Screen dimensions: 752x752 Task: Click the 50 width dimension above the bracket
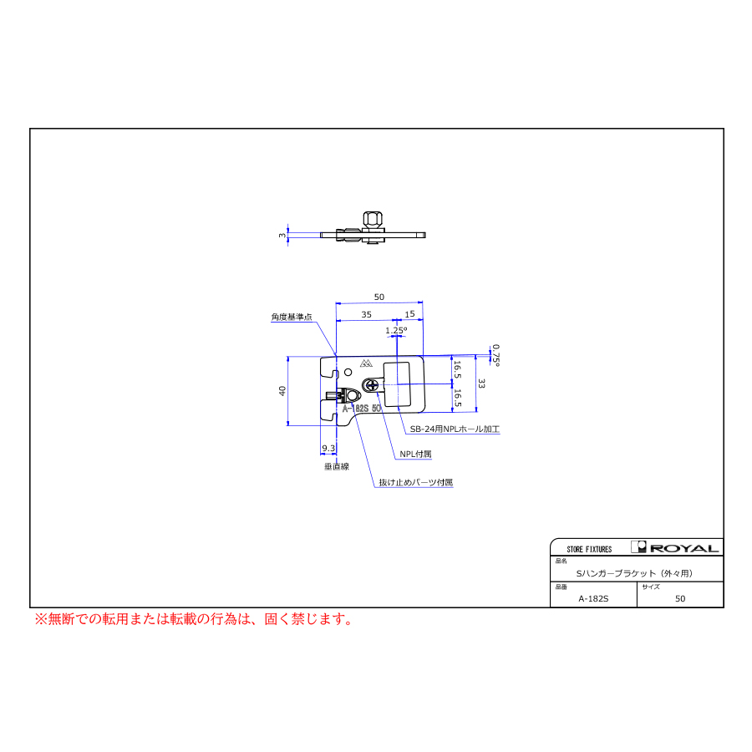[379, 297]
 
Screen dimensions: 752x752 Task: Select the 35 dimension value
[367, 315]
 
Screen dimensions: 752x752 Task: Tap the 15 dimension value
[409, 314]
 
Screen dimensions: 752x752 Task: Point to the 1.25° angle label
[396, 330]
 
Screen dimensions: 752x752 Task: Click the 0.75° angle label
[495, 355]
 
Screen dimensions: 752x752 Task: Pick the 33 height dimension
[481, 384]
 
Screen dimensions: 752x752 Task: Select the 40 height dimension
[282, 391]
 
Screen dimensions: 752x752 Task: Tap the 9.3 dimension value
[328, 448]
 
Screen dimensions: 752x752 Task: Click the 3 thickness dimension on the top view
[282, 236]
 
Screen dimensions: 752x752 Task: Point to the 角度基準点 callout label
[292, 317]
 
